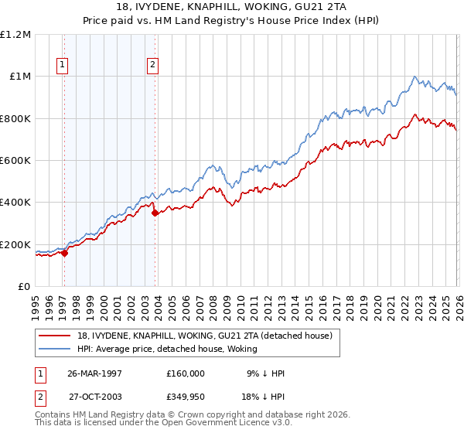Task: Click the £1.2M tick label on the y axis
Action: (15, 35)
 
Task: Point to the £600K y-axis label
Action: (15, 161)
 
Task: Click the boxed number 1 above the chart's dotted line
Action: (62, 65)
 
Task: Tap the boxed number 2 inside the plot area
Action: (153, 65)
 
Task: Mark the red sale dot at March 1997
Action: (65, 252)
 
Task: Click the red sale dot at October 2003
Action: (155, 213)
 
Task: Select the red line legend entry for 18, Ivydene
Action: (205, 336)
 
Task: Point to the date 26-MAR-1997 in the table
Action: (94, 373)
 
